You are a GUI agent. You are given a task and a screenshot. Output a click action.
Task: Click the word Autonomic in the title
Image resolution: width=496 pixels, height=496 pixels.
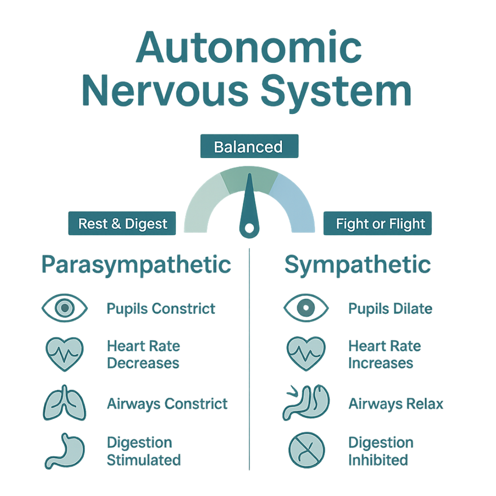[248, 48]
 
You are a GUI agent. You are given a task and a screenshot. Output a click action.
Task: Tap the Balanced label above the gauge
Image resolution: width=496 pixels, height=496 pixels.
[248, 147]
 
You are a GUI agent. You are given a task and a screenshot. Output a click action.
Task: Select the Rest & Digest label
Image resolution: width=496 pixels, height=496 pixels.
[123, 224]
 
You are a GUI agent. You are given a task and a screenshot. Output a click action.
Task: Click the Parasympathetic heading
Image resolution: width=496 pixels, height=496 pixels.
[136, 265]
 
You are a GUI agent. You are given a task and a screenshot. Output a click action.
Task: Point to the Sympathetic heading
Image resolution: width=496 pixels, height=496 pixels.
[358, 265]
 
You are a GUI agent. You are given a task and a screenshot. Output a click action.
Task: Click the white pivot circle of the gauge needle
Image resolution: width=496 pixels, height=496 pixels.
[249, 228]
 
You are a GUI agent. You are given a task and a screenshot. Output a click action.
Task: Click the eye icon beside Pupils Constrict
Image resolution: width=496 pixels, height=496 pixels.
[65, 308]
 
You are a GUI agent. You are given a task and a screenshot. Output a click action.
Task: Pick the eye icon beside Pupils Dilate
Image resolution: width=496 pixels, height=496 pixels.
[306, 308]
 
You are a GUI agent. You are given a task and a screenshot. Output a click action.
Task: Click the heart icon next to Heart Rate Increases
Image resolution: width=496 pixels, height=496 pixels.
[305, 354]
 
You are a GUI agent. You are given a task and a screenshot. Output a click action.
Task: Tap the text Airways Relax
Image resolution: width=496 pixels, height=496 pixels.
[396, 404]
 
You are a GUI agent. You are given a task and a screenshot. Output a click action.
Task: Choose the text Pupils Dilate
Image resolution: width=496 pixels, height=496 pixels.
[390, 308]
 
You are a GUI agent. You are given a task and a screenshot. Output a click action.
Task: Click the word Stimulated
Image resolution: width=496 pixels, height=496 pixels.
[143, 460]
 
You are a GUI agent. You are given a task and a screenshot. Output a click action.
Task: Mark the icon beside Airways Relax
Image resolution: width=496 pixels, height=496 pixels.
[305, 403]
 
